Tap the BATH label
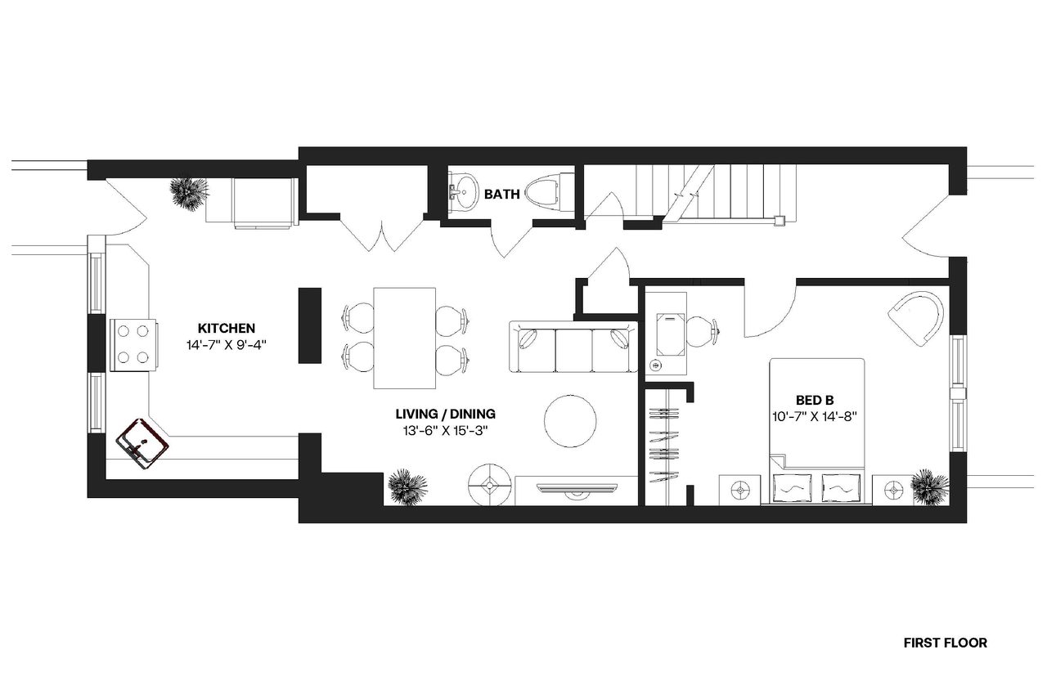tap(501, 195)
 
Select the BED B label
tap(814, 400)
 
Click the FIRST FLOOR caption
tap(945, 643)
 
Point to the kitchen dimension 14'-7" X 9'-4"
tap(227, 345)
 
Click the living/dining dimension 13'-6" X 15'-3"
tap(446, 430)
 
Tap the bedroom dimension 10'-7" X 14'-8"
tap(815, 417)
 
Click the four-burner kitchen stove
tap(133, 344)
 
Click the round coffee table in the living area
tap(571, 421)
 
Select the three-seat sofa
tap(573, 348)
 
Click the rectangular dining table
tap(405, 338)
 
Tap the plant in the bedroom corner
tap(930, 486)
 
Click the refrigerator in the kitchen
tap(263, 201)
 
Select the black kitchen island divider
tap(309, 324)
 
